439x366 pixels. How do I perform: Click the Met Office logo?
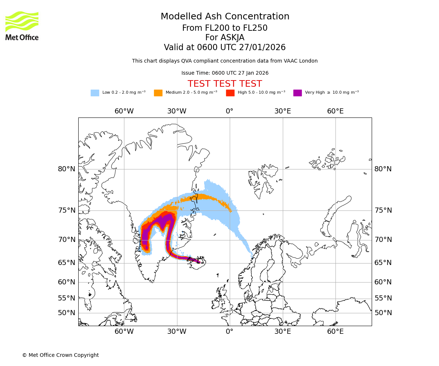(22, 26)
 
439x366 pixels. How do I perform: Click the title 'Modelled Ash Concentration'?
(225, 17)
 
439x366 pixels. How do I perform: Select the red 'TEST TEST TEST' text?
(225, 84)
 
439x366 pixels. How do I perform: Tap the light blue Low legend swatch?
(95, 93)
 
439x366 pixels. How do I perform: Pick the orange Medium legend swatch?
(158, 93)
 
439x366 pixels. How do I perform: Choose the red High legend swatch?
(230, 93)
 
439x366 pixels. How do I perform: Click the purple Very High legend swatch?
(297, 93)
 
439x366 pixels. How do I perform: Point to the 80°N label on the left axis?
(67, 169)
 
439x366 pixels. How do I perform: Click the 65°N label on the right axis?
(383, 263)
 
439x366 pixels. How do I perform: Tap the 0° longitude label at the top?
(229, 111)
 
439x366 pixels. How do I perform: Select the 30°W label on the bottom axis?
(177, 332)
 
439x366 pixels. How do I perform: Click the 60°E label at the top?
(335, 111)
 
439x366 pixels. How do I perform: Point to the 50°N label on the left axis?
(67, 313)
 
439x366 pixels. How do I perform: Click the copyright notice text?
(60, 355)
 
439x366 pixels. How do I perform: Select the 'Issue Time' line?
(225, 73)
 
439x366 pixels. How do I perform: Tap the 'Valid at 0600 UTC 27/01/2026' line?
(225, 48)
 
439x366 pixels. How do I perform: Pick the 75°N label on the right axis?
(383, 210)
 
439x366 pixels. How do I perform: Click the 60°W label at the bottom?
(124, 332)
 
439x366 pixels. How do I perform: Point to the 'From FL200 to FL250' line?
(225, 28)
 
